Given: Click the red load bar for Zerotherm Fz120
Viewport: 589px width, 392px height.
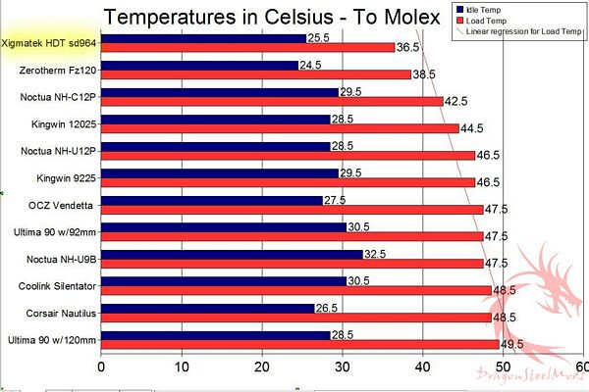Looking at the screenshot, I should [255, 74].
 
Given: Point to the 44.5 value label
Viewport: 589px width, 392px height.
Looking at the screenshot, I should [474, 128].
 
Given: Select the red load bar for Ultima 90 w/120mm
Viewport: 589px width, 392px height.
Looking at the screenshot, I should [299, 344].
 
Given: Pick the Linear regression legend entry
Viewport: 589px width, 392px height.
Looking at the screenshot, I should [520, 32].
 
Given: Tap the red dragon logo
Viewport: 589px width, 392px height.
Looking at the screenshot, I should [535, 309].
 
